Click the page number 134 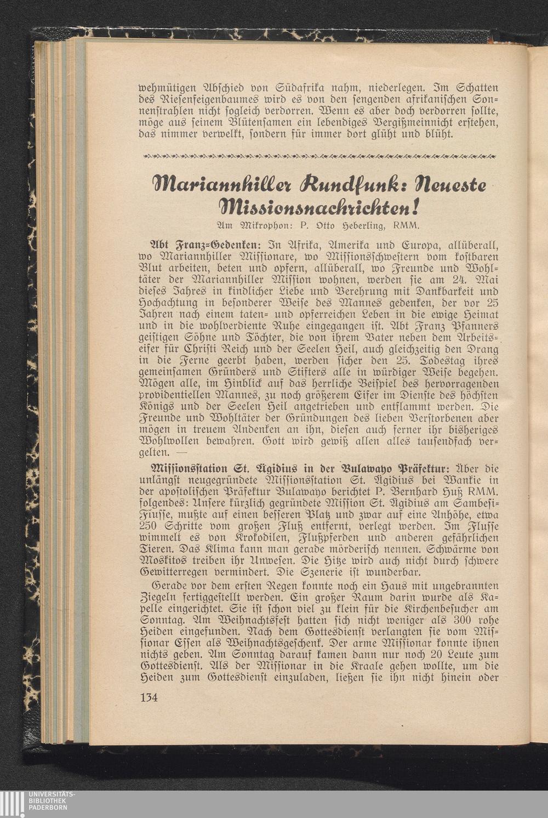(149, 698)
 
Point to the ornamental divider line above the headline (319, 157)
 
